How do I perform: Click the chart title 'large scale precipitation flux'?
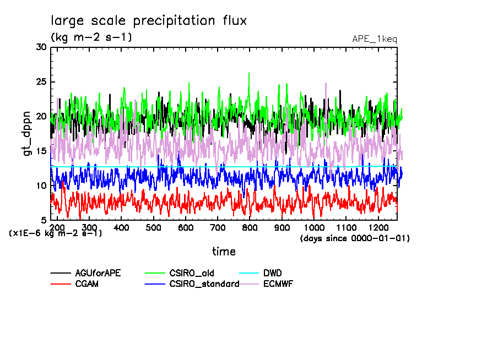point(149,21)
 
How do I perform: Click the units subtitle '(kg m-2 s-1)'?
point(91,37)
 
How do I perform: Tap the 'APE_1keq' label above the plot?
point(374,39)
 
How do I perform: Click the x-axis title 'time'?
point(224,252)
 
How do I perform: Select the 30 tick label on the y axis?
point(41,47)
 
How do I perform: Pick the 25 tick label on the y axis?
point(41,82)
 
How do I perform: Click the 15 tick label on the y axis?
point(41,151)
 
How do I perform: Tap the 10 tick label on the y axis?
point(41,186)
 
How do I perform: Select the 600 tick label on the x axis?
point(186,227)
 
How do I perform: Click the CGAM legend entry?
point(86,284)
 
